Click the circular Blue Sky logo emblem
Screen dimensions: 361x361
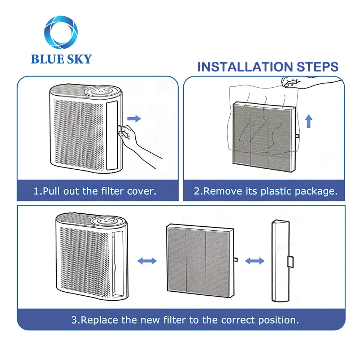point(61,33)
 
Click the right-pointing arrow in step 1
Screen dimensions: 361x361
point(134,118)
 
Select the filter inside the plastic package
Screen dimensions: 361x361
point(263,133)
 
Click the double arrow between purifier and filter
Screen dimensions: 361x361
point(148,260)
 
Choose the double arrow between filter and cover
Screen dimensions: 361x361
point(255,260)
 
